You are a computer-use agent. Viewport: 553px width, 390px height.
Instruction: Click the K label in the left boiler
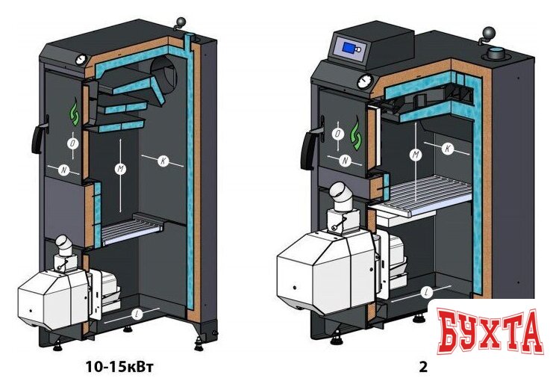[163, 161]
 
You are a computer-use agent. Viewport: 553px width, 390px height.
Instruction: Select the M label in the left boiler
[121, 169]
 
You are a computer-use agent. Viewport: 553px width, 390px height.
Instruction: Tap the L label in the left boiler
[137, 313]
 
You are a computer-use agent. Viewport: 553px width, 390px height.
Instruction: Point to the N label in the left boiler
[64, 170]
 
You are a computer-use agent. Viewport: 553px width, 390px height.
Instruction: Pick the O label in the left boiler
[73, 143]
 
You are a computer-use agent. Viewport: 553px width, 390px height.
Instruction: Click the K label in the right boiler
[448, 149]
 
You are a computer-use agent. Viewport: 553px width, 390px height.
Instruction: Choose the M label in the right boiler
[416, 155]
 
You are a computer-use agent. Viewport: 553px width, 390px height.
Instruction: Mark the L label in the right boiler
[427, 292]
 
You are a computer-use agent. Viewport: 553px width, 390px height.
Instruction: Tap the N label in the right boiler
[346, 161]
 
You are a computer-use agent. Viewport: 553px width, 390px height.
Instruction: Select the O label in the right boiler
[338, 134]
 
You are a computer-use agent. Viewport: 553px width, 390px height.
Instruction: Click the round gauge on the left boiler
[81, 59]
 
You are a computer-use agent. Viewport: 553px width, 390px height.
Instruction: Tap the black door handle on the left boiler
[39, 137]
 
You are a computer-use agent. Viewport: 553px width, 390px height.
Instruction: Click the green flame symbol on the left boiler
[75, 112]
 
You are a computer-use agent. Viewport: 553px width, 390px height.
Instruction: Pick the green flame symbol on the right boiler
[356, 134]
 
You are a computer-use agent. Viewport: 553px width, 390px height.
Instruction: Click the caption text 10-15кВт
[119, 367]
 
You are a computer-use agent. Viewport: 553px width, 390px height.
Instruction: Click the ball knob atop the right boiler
[490, 34]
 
